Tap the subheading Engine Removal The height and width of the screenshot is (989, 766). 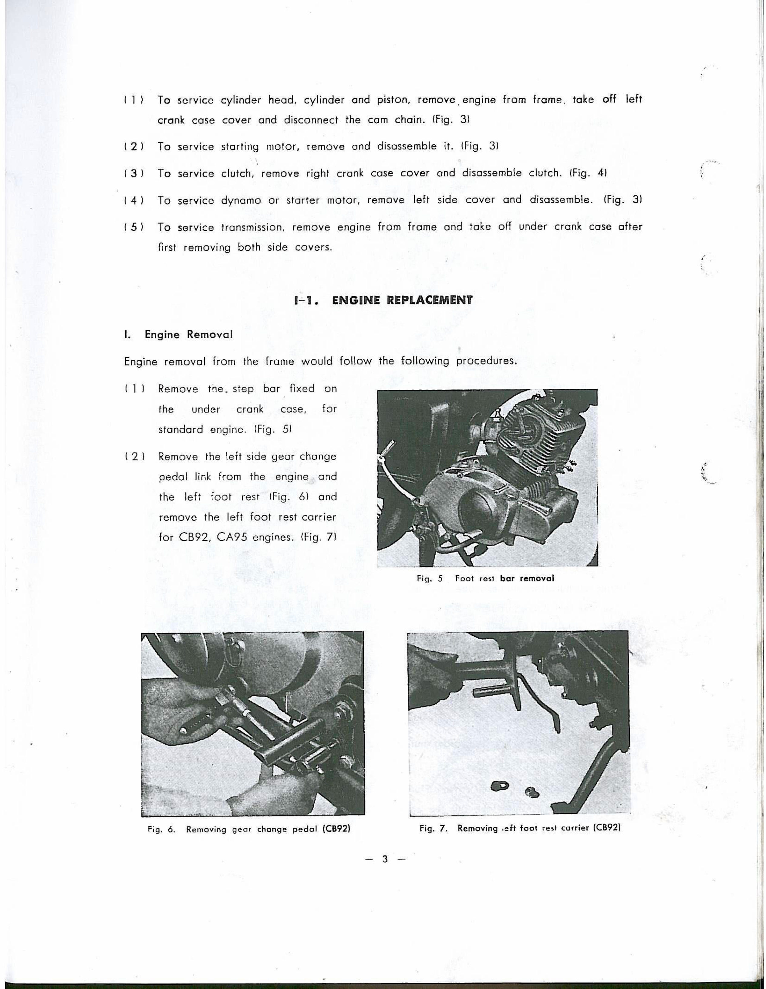pyautogui.click(x=188, y=335)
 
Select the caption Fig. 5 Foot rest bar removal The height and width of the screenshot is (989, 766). pyautogui.click(x=485, y=578)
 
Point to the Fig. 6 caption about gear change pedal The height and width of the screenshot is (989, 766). pyautogui.click(x=250, y=829)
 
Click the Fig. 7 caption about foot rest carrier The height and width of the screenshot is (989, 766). pyautogui.click(x=520, y=828)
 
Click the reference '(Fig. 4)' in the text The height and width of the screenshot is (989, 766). pyautogui.click(x=588, y=173)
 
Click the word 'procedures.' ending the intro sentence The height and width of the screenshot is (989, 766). pyautogui.click(x=486, y=362)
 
